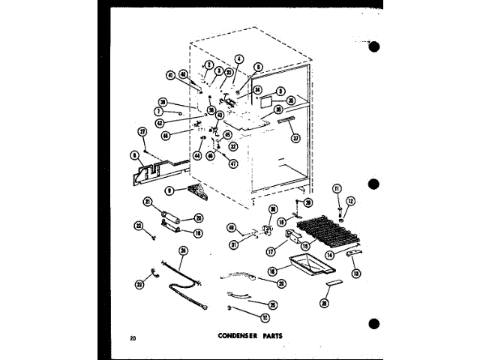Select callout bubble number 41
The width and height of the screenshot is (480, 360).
pos(170,74)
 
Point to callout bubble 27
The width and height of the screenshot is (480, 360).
pos(142,132)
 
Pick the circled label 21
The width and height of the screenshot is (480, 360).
pos(148,200)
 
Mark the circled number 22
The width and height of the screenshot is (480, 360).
pos(139,225)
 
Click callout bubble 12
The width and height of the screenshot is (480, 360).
pos(349,200)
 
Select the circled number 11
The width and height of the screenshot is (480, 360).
pos(337,188)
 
